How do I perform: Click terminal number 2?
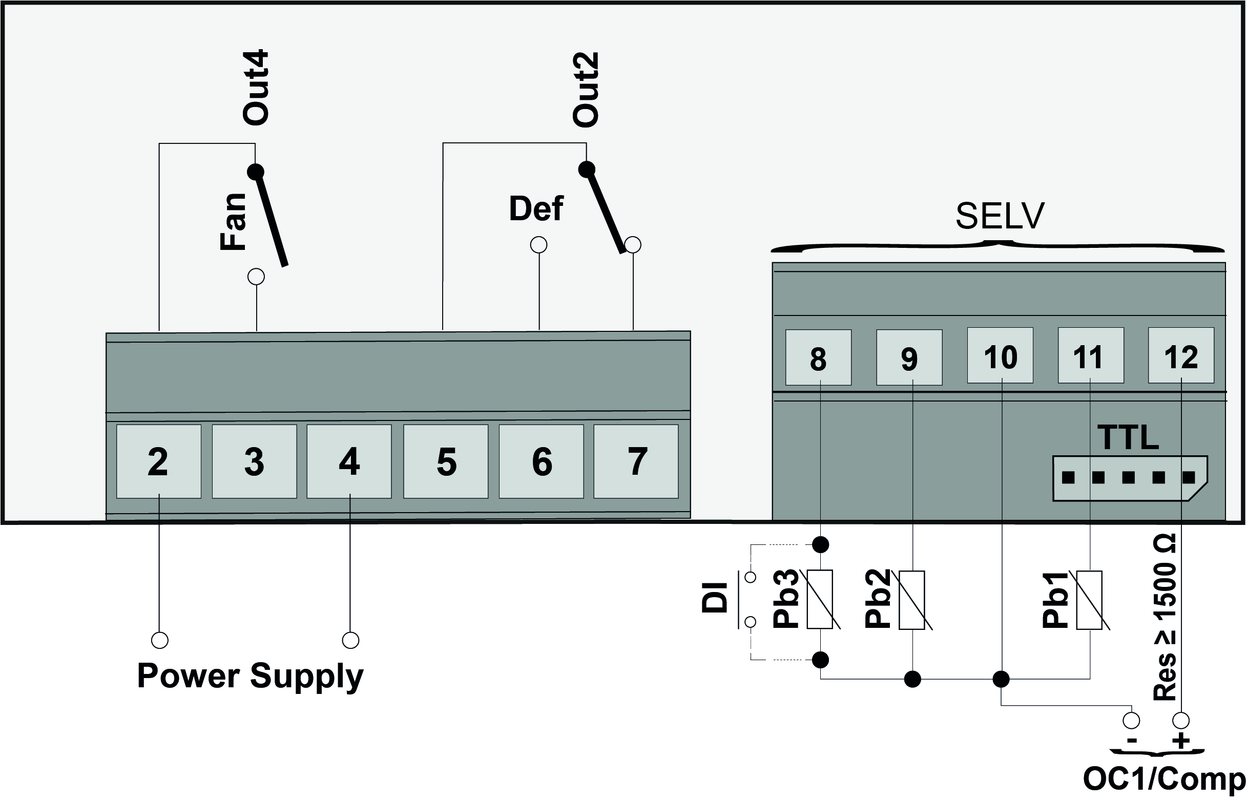tap(158, 461)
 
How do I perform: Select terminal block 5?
tap(446, 461)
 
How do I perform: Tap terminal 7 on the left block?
tap(636, 461)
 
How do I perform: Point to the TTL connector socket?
tap(1129, 478)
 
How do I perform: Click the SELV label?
tap(1000, 216)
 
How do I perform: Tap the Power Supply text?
tap(250, 676)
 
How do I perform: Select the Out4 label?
tap(256, 88)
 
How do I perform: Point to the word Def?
tap(536, 209)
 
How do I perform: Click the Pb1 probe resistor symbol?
tap(1090, 600)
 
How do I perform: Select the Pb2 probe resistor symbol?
tap(912, 600)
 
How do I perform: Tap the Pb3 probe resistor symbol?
tap(820, 600)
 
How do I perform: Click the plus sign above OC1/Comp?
tap(1180, 754)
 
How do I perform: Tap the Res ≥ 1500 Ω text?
tap(1165, 617)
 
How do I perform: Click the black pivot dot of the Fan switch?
tap(255, 172)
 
